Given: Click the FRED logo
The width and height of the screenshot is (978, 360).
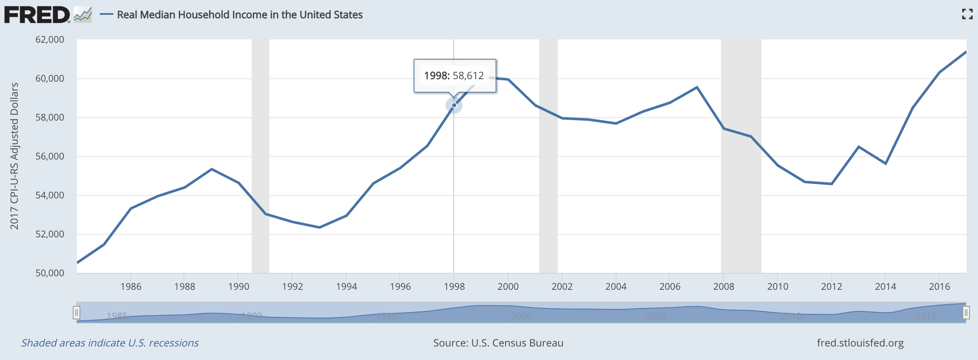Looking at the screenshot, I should tap(37, 15).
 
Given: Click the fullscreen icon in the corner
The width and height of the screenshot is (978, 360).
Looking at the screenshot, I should tap(967, 14).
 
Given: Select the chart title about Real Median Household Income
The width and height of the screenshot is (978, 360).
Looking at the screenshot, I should tap(240, 15).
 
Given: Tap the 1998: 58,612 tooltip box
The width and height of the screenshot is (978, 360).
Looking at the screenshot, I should tap(455, 76).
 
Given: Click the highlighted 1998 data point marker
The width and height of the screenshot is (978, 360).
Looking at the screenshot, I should tap(454, 105).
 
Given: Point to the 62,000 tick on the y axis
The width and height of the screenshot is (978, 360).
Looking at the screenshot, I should tap(50, 40).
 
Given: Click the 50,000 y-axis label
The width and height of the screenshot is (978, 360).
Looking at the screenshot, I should tap(50, 273).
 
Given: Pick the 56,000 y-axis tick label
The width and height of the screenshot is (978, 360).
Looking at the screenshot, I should tap(50, 157).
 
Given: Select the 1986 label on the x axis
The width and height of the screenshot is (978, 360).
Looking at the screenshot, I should tap(131, 287).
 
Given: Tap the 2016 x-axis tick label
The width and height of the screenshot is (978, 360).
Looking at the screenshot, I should tap(939, 287).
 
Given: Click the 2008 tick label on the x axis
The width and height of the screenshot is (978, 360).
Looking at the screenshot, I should tap(723, 287).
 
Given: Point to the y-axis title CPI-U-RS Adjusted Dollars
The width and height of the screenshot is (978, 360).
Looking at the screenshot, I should tap(14, 156).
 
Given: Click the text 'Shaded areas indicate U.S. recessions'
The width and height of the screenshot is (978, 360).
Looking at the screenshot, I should tap(110, 343).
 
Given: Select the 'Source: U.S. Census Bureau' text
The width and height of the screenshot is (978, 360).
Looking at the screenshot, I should tap(498, 343).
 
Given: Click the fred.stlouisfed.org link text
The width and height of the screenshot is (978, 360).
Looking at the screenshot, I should tap(860, 343).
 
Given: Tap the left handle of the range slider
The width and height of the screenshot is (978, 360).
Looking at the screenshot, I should tap(77, 313).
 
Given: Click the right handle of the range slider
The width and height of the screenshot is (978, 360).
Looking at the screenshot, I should tap(966, 313).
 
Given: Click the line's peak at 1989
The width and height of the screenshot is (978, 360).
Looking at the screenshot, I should tap(212, 169).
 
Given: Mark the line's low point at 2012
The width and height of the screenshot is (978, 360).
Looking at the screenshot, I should tap(832, 184).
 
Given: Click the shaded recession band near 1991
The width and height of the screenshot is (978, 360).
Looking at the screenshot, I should tap(260, 127).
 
